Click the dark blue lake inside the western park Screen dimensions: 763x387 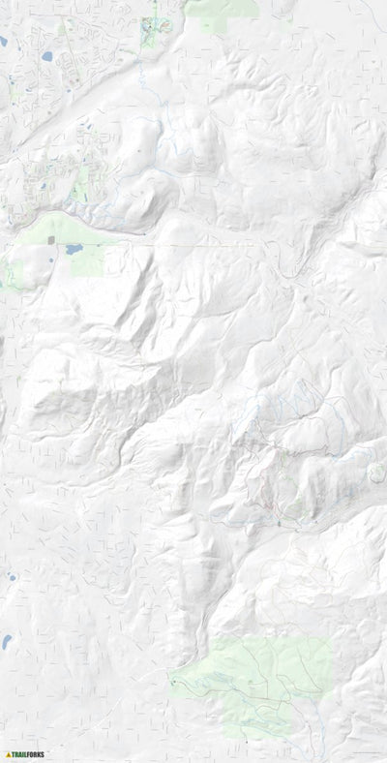click(73, 249)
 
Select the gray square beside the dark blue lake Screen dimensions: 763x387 click(50, 239)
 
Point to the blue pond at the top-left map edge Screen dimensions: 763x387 click(3, 42)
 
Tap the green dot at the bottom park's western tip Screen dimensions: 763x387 click(172, 683)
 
